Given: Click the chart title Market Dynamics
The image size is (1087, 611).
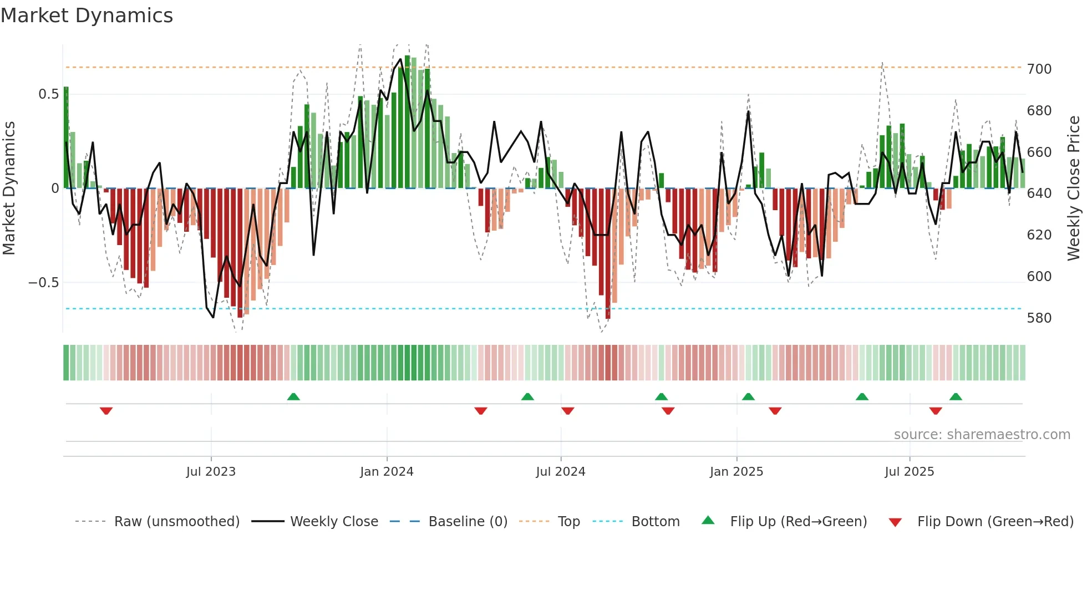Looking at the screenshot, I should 87,16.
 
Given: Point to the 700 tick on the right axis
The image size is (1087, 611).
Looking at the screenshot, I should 1039,69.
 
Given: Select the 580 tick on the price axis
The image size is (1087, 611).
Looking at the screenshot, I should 1039,318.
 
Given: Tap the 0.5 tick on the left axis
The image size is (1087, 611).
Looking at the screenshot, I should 49,94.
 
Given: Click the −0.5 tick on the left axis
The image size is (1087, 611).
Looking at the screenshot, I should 44,283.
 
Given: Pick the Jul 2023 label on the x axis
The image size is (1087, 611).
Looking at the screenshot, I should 211,472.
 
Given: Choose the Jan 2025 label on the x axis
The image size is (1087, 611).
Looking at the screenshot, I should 736,472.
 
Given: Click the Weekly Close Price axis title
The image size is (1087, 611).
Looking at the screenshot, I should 1074,189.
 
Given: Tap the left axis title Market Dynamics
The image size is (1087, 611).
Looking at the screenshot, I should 9,189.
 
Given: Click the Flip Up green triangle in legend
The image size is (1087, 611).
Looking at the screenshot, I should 708,521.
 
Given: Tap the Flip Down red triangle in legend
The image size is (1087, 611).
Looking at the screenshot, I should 895,522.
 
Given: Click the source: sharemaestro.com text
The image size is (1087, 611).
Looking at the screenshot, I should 982,435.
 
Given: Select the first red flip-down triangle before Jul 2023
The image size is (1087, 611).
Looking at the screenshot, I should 106,411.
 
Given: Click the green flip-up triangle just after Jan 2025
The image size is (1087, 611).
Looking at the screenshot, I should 748,396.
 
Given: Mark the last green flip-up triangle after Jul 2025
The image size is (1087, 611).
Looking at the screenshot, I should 955,396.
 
